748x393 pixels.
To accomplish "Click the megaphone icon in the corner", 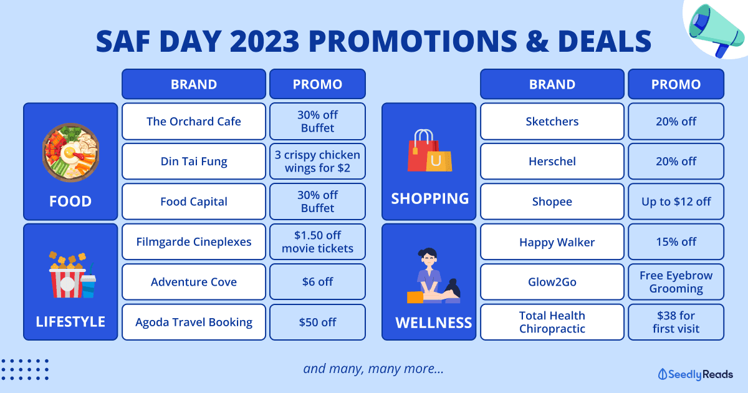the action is (x=714, y=29).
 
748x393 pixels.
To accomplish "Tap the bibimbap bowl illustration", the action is (x=70, y=152).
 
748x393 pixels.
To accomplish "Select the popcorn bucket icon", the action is (x=68, y=275).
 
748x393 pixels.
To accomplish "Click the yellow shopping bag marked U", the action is (x=439, y=162).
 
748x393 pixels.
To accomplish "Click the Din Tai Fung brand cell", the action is (x=194, y=162).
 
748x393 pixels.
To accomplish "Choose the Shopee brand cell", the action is (x=552, y=201).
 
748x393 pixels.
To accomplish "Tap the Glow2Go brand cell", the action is (x=552, y=282).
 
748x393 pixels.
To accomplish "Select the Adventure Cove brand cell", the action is (x=194, y=282).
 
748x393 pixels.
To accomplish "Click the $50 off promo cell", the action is (x=317, y=322).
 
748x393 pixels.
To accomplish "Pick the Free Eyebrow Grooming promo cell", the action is (x=676, y=282).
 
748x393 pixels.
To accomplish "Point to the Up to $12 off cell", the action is (x=676, y=201).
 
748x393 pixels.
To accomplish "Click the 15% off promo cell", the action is (x=676, y=241).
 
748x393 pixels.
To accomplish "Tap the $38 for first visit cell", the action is (x=676, y=322).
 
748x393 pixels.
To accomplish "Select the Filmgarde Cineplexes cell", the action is (x=194, y=241).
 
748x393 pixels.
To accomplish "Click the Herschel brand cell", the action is (x=552, y=162).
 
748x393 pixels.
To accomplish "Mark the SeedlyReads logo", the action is (x=695, y=374).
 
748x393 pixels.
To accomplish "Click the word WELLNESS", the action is (x=433, y=323).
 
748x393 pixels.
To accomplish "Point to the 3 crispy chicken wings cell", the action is (x=317, y=162).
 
